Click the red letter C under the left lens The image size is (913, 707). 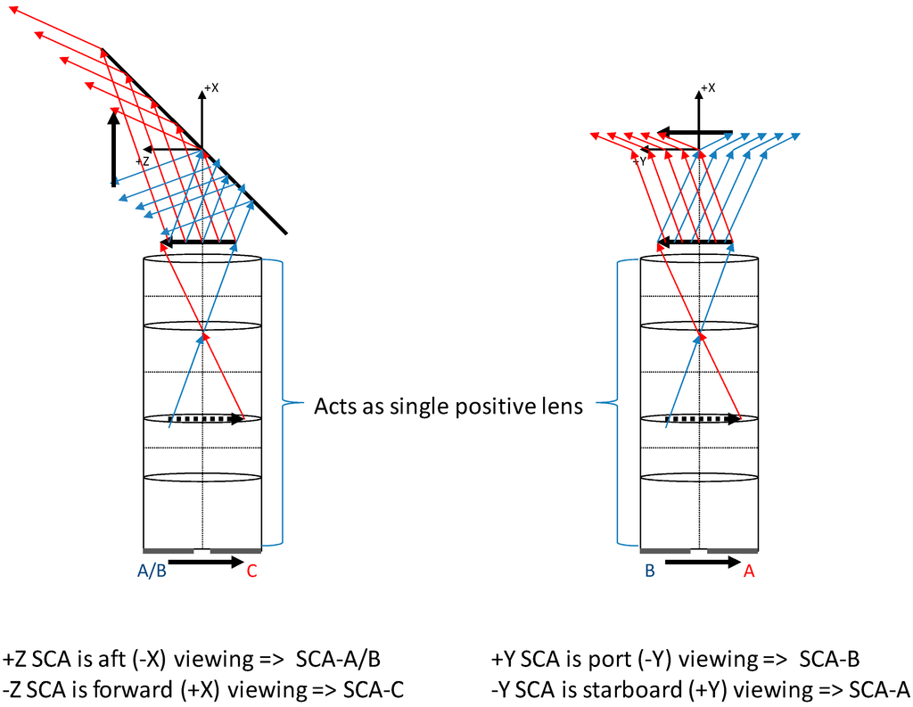click(251, 572)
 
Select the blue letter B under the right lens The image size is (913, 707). click(650, 572)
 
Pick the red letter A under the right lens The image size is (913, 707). click(749, 572)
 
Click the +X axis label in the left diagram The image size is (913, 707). click(211, 87)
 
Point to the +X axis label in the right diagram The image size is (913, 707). click(708, 87)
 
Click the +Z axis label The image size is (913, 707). click(143, 161)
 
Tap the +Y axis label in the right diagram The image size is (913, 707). click(639, 161)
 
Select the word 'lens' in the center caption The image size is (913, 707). click(562, 407)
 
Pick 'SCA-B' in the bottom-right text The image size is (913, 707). click(829, 660)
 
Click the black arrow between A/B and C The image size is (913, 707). click(206, 562)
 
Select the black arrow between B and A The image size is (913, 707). click(702, 562)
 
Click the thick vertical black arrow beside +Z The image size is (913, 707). click(114, 147)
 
